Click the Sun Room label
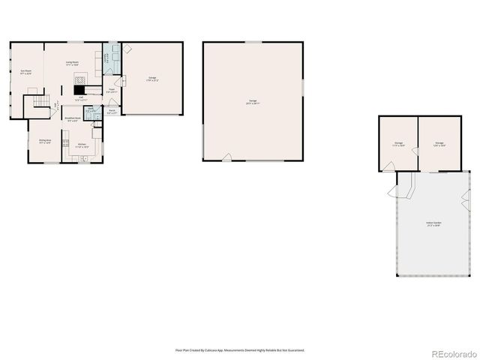pyautogui.click(x=26, y=73)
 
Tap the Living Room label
pyautogui.click(x=73, y=64)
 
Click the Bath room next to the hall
pyautogui.click(x=90, y=109)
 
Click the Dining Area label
pyautogui.click(x=45, y=141)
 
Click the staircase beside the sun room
pyautogui.click(x=37, y=99)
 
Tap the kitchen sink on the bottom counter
pyautogui.click(x=84, y=158)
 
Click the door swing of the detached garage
pyautogui.click(x=226, y=157)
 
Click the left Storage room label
pyautogui.click(x=399, y=143)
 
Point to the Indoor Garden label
pyautogui.click(x=433, y=224)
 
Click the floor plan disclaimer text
pyautogui.click(x=240, y=349)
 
